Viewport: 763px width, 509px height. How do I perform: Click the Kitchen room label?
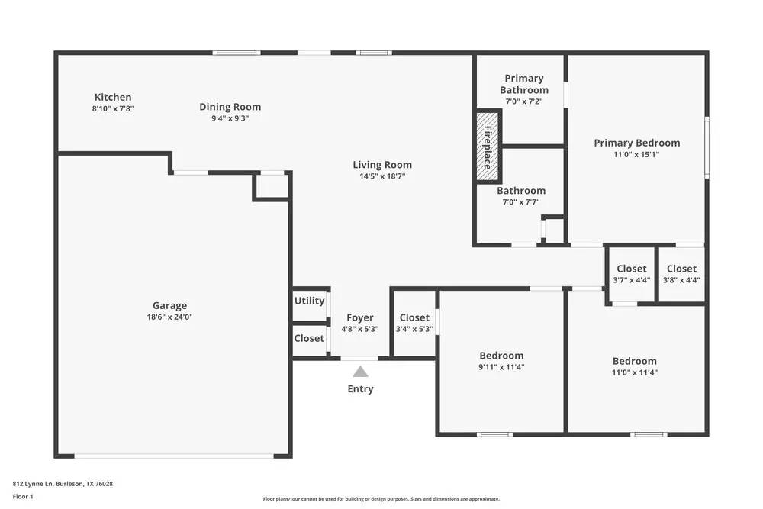coord(113,97)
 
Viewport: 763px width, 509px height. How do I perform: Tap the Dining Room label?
coord(230,107)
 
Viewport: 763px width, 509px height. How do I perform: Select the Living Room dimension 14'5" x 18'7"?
coord(382,176)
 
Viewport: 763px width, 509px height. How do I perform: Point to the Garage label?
coord(169,305)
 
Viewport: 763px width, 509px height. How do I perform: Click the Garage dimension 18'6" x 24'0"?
coord(169,317)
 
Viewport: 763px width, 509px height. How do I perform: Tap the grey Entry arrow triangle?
coord(360,372)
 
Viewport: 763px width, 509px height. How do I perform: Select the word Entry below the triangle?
coord(360,389)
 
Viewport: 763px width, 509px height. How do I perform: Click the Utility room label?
coord(309,301)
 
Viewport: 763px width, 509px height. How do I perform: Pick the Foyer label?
coord(360,317)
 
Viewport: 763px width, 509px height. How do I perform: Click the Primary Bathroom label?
coord(524,84)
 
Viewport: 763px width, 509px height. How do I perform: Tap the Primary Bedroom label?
coord(637,143)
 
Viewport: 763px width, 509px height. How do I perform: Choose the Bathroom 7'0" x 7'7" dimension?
coord(521,202)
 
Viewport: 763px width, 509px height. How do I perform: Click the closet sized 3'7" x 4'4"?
coord(631,275)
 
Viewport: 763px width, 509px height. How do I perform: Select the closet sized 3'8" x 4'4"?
coord(681,275)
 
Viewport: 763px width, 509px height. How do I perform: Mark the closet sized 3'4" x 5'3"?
coord(414,324)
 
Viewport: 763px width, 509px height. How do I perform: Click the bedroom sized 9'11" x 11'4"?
coord(501,361)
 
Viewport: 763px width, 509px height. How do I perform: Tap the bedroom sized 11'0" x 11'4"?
coord(634,367)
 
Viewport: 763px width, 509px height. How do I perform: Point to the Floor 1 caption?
coord(23,497)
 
